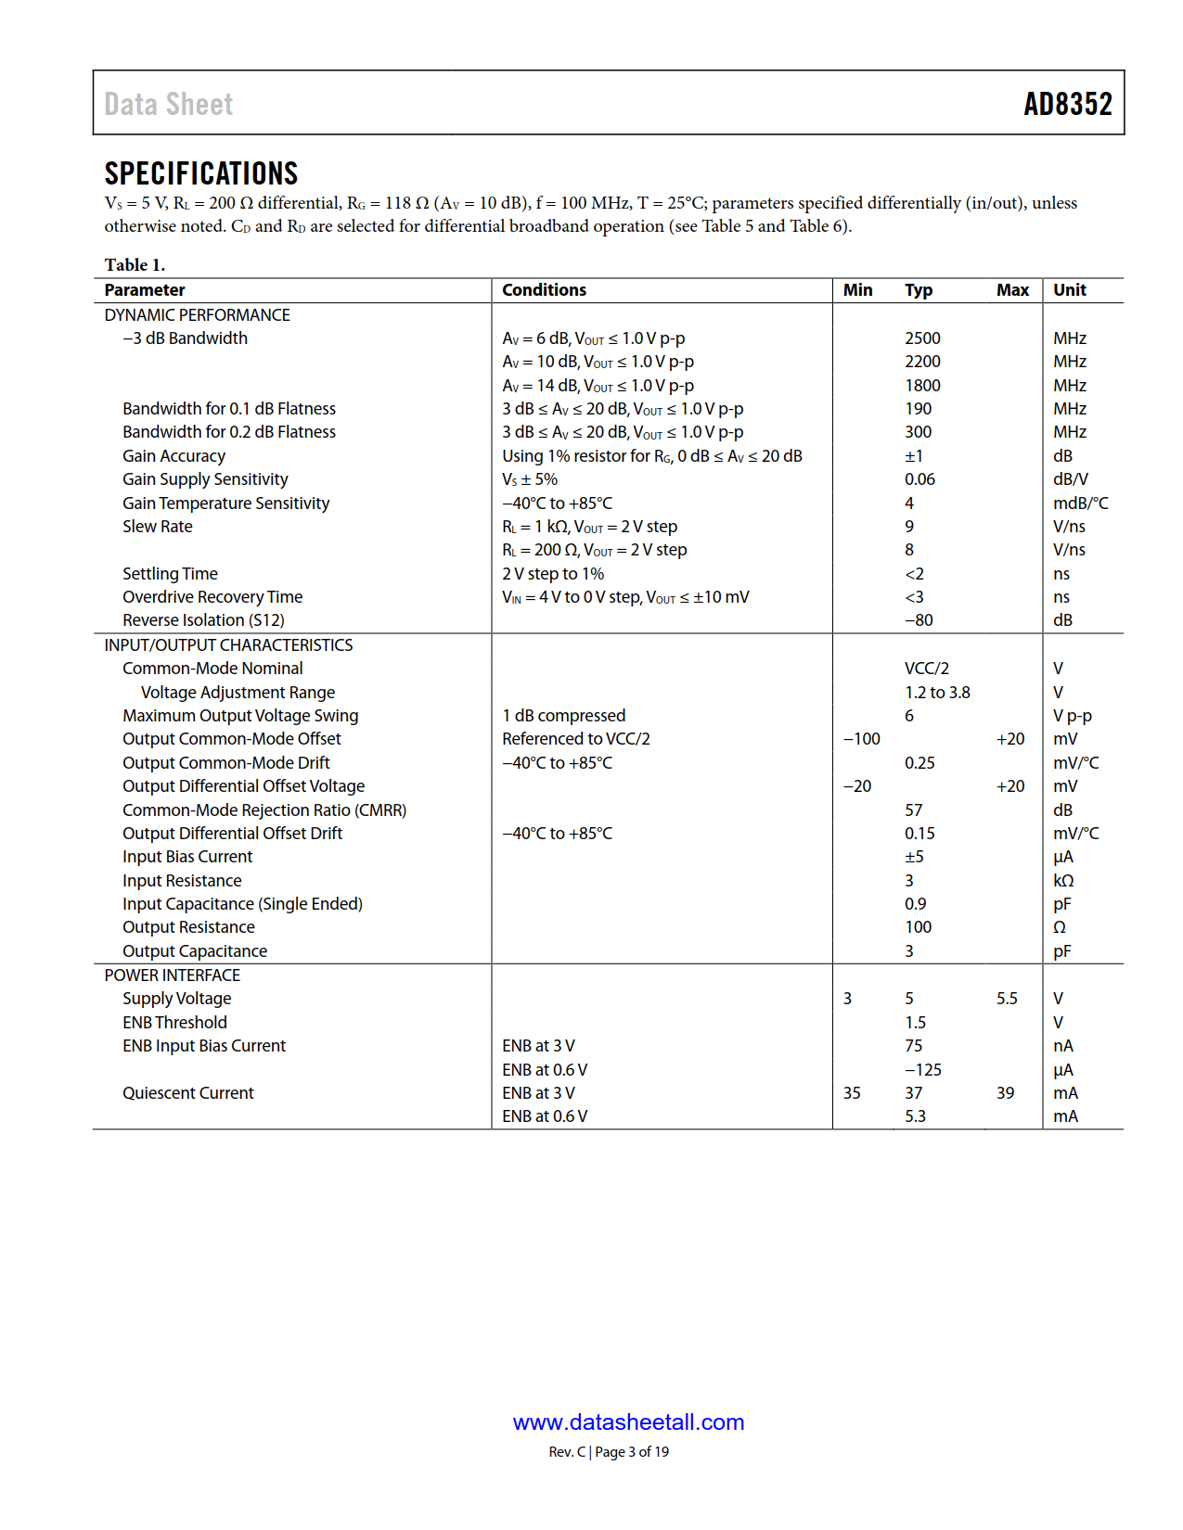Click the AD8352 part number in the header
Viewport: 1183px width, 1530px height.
click(1067, 104)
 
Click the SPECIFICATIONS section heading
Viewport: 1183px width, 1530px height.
click(200, 173)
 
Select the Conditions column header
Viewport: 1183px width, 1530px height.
click(544, 290)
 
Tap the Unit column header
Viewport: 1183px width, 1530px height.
click(1069, 290)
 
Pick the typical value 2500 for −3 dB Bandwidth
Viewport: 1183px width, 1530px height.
click(922, 338)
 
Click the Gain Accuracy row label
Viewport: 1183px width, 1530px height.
click(174, 456)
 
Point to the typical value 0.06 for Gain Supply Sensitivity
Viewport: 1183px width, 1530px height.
click(919, 479)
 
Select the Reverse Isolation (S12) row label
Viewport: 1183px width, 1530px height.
click(203, 620)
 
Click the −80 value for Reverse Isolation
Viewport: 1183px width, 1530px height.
click(919, 620)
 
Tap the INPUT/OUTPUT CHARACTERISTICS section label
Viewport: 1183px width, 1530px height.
click(228, 645)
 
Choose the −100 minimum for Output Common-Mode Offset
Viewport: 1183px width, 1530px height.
click(861, 739)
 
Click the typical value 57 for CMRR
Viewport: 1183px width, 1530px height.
click(913, 810)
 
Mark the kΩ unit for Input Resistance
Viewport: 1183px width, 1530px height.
click(1063, 881)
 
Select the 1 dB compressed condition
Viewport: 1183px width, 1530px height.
click(563, 716)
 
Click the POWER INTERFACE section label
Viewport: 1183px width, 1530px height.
click(172, 975)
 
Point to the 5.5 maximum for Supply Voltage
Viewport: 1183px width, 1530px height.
click(1007, 999)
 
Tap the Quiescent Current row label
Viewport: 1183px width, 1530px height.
click(187, 1093)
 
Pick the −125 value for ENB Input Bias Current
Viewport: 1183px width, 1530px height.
click(922, 1070)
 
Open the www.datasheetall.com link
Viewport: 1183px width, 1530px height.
click(628, 1422)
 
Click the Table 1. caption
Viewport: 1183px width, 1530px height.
click(135, 265)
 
